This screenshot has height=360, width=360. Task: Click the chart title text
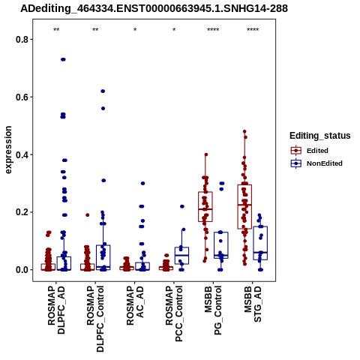154,9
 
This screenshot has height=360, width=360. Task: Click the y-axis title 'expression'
8,150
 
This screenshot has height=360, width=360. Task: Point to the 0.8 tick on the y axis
21,40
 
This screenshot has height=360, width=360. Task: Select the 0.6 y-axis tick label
21,97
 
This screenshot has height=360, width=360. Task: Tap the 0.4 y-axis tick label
21,154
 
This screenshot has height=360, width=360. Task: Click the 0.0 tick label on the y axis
21,270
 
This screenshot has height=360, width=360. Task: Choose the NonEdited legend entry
316,163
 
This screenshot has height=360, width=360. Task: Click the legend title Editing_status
320,136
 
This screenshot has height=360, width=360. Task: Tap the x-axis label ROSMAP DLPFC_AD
56,310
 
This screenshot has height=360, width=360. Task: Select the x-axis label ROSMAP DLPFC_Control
95,319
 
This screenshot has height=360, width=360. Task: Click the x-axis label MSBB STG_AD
253,304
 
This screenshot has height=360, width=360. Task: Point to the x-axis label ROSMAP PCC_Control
174,313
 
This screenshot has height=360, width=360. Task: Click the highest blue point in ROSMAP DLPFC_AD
63,59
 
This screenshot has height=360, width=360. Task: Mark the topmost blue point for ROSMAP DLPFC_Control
103,91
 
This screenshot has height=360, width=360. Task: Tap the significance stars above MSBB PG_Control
213,30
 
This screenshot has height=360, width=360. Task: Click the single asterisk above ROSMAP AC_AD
135,30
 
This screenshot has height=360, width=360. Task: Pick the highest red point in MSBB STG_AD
244,131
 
